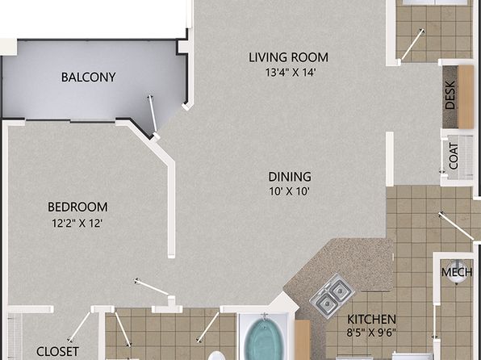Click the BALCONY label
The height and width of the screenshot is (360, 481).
pyautogui.click(x=88, y=77)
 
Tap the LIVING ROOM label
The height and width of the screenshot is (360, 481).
pyautogui.click(x=288, y=57)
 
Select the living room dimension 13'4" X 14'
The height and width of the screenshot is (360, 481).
pyautogui.click(x=291, y=73)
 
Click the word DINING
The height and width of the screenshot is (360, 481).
pyautogui.click(x=290, y=177)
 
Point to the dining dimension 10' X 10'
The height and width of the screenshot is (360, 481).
pyautogui.click(x=289, y=191)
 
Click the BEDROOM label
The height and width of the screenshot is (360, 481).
pyautogui.click(x=77, y=207)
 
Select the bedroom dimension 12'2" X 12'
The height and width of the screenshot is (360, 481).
pyautogui.click(x=77, y=223)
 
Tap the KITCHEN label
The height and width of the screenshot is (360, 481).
pyautogui.click(x=371, y=320)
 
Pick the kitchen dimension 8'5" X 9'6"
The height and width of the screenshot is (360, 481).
pyautogui.click(x=371, y=333)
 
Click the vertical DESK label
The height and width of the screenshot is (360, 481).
pyautogui.click(x=450, y=94)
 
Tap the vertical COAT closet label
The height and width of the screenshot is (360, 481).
pyautogui.click(x=454, y=157)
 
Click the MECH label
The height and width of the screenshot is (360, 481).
pyautogui.click(x=457, y=272)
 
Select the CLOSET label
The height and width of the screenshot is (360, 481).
pyautogui.click(x=57, y=351)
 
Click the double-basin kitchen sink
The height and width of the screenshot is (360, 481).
pyautogui.click(x=333, y=295)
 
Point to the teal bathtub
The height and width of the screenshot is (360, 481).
pyautogui.click(x=265, y=339)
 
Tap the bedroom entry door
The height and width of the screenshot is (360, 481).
pyautogui.click(x=153, y=287)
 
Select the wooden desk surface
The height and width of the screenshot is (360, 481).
pyautogui.click(x=466, y=97)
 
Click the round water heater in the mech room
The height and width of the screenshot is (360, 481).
pyautogui.click(x=457, y=271)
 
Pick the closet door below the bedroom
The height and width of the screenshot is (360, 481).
pyautogui.click(x=79, y=327)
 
